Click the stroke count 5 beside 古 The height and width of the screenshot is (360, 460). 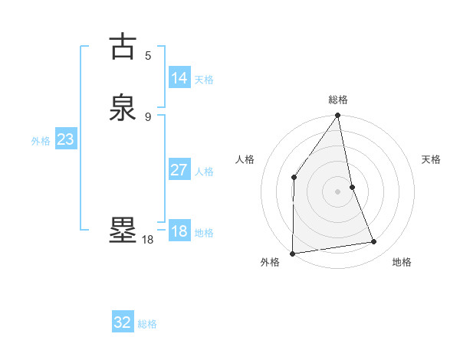pos(148,55)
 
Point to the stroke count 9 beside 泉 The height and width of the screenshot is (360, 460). pos(148,116)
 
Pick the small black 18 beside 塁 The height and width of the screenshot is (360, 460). pos(148,240)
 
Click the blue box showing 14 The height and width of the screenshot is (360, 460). pos(179,78)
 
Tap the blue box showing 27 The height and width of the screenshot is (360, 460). pos(179,170)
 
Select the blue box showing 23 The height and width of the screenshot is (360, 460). pos(65,140)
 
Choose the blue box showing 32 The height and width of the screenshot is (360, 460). pos(123,322)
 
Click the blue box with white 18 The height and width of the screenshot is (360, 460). pos(179,231)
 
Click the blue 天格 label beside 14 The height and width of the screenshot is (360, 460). pos(204,80)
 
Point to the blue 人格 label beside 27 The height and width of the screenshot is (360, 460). pos(204,172)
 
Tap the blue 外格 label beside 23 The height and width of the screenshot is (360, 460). pos(41,141)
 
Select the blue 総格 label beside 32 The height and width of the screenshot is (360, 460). pos(147,324)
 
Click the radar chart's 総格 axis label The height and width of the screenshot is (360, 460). pos(338,100)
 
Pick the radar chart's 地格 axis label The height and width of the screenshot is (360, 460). pos(402,263)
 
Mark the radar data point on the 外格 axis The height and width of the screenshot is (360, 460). pos(292,253)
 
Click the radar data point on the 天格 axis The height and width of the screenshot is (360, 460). pos(353,187)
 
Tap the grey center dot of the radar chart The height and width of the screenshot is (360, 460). pos(338,191)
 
